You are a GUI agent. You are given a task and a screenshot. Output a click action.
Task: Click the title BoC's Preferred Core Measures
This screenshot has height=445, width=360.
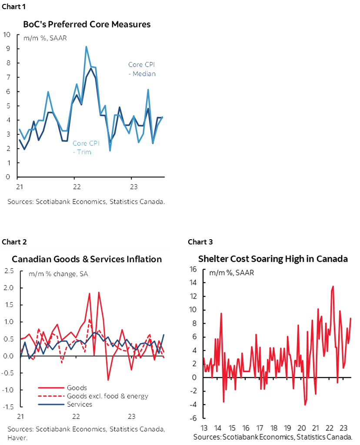pyautogui.click(x=87, y=24)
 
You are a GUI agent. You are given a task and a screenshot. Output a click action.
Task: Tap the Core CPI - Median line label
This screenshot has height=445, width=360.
pyautogui.click(x=142, y=69)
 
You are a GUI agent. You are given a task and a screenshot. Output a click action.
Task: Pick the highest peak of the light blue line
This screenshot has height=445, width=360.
pyautogui.click(x=86, y=47)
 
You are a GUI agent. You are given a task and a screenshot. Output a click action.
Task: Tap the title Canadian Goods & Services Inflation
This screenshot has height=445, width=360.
pyautogui.click(x=87, y=259)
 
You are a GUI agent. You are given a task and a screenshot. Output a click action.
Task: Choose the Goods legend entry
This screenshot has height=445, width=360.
pyautogui.click(x=77, y=388)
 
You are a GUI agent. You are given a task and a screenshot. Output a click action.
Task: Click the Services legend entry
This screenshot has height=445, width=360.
pyautogui.click(x=80, y=404)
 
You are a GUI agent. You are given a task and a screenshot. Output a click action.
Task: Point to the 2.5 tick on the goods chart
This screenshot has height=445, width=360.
pyautogui.click(x=9, y=271)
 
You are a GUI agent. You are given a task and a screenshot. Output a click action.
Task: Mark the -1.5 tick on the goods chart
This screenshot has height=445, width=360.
pyautogui.click(x=8, y=407)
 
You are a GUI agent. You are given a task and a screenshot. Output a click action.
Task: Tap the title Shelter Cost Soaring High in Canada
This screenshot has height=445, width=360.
pyautogui.click(x=273, y=259)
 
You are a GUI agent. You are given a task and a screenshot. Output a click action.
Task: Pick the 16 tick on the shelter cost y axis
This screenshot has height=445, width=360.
pyautogui.click(x=193, y=269)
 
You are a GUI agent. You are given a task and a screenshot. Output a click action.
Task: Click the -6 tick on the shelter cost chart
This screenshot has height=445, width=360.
pyautogui.click(x=193, y=418)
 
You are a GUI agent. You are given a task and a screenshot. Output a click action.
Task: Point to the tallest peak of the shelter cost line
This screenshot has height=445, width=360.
pyautogui.click(x=333, y=286)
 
